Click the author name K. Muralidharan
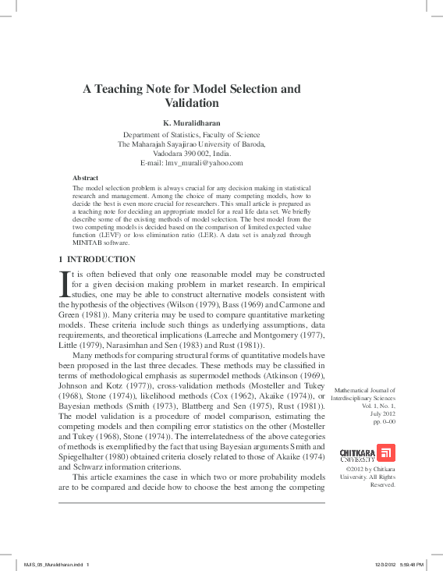pyautogui.click(x=192, y=123)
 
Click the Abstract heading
pyautogui.click(x=85, y=179)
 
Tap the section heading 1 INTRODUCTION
pyautogui.click(x=97, y=259)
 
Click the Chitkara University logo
pyautogui.click(x=368, y=454)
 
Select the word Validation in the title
pyautogui.click(x=192, y=103)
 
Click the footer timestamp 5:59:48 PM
pyautogui.click(x=410, y=564)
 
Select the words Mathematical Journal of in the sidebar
pyautogui.click(x=364, y=390)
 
